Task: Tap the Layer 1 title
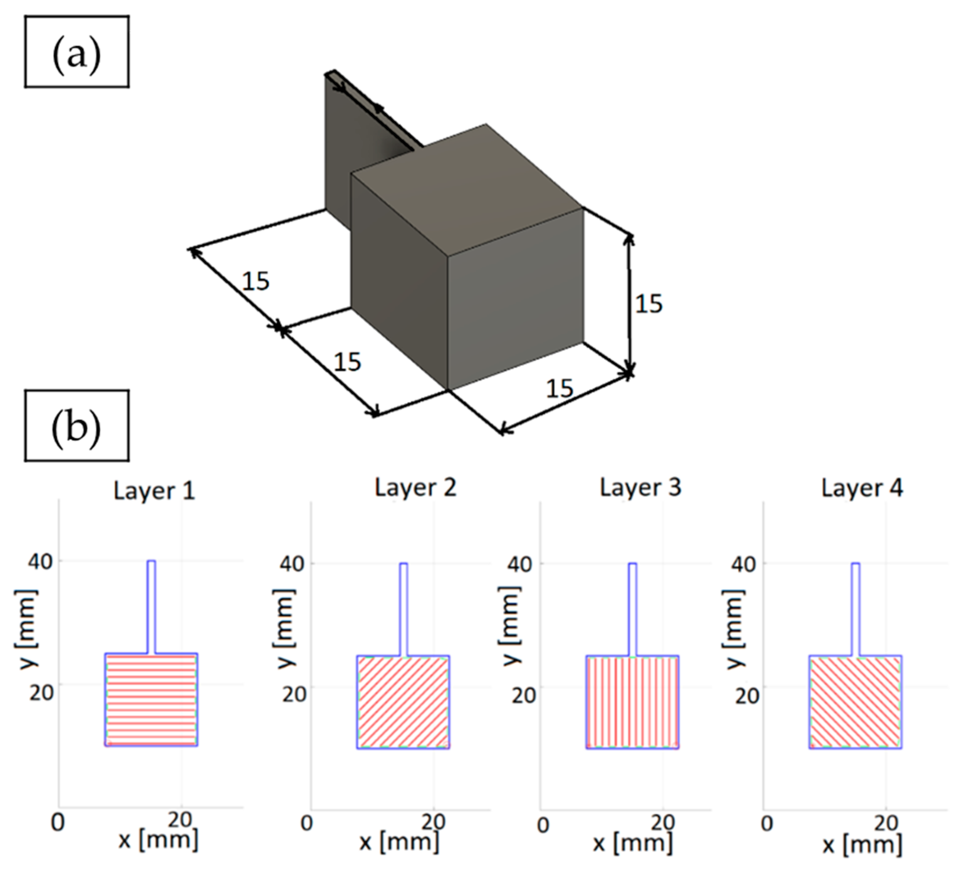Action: [x=154, y=490]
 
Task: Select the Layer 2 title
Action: [x=416, y=488]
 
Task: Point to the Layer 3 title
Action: [x=640, y=488]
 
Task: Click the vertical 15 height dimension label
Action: [x=649, y=304]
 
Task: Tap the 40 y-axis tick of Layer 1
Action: [x=40, y=562]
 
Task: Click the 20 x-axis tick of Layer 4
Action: [x=884, y=824]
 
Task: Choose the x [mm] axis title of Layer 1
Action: [x=158, y=840]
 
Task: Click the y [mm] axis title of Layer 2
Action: [x=284, y=628]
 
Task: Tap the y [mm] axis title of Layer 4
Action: [x=734, y=628]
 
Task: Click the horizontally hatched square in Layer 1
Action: [x=151, y=700]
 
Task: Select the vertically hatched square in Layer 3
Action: [x=632, y=702]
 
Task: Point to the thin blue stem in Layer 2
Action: [x=403, y=609]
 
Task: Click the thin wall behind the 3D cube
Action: [x=337, y=151]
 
